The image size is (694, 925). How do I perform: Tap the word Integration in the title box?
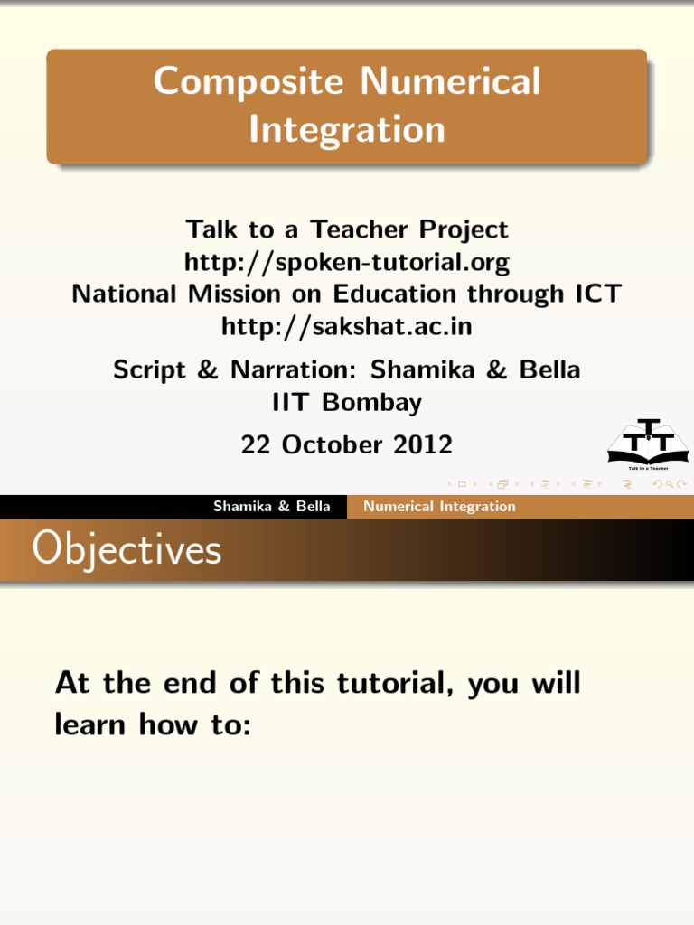tap(347, 129)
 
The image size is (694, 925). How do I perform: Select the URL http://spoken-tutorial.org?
tap(347, 263)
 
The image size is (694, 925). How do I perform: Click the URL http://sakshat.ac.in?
tap(347, 326)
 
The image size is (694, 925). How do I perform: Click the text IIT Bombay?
tap(347, 402)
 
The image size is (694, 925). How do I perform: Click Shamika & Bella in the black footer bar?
tap(271, 507)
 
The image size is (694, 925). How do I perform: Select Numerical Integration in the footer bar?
tap(439, 507)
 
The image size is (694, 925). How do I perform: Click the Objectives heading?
tap(127, 549)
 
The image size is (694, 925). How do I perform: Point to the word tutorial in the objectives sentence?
tap(398, 683)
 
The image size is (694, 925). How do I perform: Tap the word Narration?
tap(285, 370)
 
